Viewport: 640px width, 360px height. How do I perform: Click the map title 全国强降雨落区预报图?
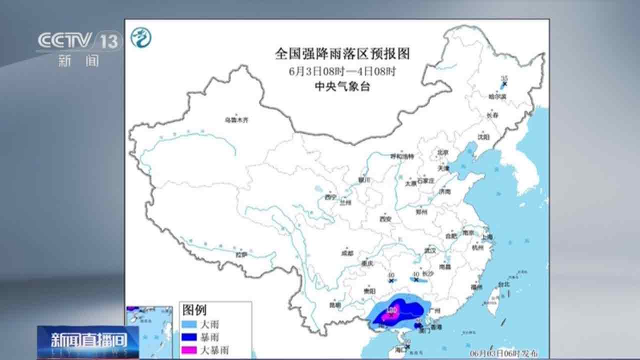point(342,53)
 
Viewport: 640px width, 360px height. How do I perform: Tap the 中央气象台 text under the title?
point(342,86)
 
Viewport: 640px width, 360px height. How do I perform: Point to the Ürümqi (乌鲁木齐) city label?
point(236,120)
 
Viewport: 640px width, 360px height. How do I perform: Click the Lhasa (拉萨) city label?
point(242,254)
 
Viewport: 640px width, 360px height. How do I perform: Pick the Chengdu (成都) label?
point(347,253)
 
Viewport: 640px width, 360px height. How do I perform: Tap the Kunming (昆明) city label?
point(334,304)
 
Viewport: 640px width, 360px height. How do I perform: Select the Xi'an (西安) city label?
point(384,219)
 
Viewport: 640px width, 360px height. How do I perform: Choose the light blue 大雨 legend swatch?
point(190,324)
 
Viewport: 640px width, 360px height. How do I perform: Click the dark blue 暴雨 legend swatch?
point(190,337)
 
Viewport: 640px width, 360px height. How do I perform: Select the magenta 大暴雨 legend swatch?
point(190,350)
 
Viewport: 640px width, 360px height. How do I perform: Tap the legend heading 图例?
point(194,310)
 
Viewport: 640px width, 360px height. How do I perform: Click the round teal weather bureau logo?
point(141,37)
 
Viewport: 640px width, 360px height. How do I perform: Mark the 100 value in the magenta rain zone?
point(392,310)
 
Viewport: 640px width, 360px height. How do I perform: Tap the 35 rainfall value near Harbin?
point(504,78)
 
